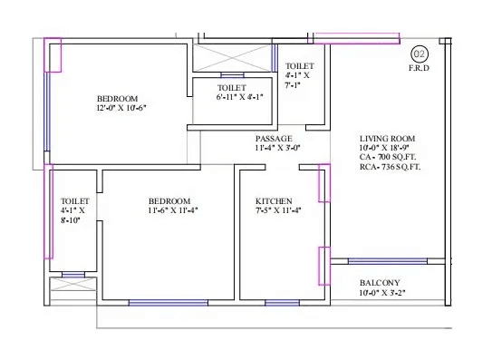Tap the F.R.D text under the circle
coord(420,69)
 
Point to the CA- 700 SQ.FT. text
coord(390,158)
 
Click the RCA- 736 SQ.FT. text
coord(391,167)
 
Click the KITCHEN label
coord(273,200)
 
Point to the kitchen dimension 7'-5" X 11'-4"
coord(278,210)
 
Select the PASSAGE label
coord(274,139)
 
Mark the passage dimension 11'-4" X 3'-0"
coord(277,148)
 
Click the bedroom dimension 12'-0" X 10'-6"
coord(118,107)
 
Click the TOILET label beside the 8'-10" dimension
coord(74,200)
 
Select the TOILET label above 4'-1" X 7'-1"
coord(300,66)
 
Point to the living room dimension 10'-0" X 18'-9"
coord(391,148)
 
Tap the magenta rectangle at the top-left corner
coord(53,54)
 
